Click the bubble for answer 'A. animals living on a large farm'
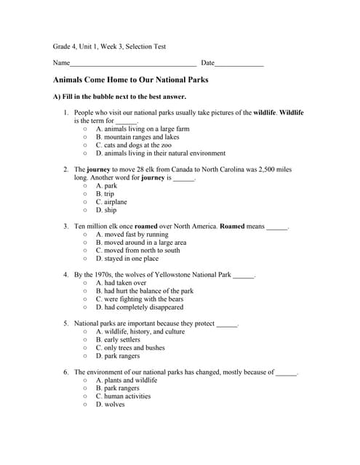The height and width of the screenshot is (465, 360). coord(86,129)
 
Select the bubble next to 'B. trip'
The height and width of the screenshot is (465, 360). coord(86,194)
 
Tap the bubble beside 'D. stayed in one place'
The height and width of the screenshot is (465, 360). coord(86,259)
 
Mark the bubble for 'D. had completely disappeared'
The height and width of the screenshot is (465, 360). coord(86,307)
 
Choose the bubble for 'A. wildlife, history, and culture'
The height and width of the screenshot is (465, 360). coord(86,332)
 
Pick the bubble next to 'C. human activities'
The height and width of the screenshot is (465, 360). coord(86,397)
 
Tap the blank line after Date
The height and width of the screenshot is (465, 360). coord(239,65)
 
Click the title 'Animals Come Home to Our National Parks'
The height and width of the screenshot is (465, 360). coord(131,80)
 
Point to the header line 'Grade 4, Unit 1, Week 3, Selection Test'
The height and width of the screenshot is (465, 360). coord(109,46)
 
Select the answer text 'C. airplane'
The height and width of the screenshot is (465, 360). coord(111,202)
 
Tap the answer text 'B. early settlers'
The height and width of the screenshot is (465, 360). coord(118,340)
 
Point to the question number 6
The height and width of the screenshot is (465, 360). coord(66,372)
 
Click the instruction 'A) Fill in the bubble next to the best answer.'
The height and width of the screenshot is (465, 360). coord(119,97)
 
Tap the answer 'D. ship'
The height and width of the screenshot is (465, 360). coord(106,210)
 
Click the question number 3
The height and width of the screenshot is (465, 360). coord(66,227)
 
